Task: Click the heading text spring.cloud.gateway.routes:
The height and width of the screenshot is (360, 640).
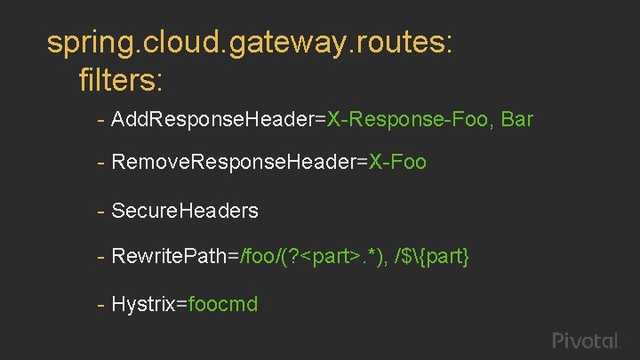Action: [x=250, y=43]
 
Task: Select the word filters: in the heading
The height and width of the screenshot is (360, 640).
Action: [x=120, y=81]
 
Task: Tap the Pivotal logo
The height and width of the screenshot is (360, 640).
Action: [x=584, y=340]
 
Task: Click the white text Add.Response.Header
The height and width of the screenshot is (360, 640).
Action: [x=212, y=119]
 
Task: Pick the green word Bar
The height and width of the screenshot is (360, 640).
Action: [x=516, y=119]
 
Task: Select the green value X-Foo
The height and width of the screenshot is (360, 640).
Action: [x=398, y=163]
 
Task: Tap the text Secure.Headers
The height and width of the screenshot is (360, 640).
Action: [x=185, y=211]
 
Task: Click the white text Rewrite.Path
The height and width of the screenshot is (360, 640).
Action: [x=169, y=257]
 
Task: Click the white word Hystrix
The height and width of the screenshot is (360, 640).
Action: [x=143, y=304]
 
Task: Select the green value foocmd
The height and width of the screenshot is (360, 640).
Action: [x=223, y=304]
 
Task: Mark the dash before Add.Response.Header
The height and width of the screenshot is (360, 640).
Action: [x=103, y=119]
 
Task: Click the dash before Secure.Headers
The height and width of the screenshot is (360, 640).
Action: [x=103, y=211]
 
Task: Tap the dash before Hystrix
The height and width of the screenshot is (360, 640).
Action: [x=103, y=304]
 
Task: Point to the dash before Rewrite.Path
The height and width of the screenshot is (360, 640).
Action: [x=103, y=257]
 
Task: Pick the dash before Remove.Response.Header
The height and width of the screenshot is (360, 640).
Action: [x=103, y=163]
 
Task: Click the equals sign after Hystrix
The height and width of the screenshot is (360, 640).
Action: [x=181, y=305]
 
